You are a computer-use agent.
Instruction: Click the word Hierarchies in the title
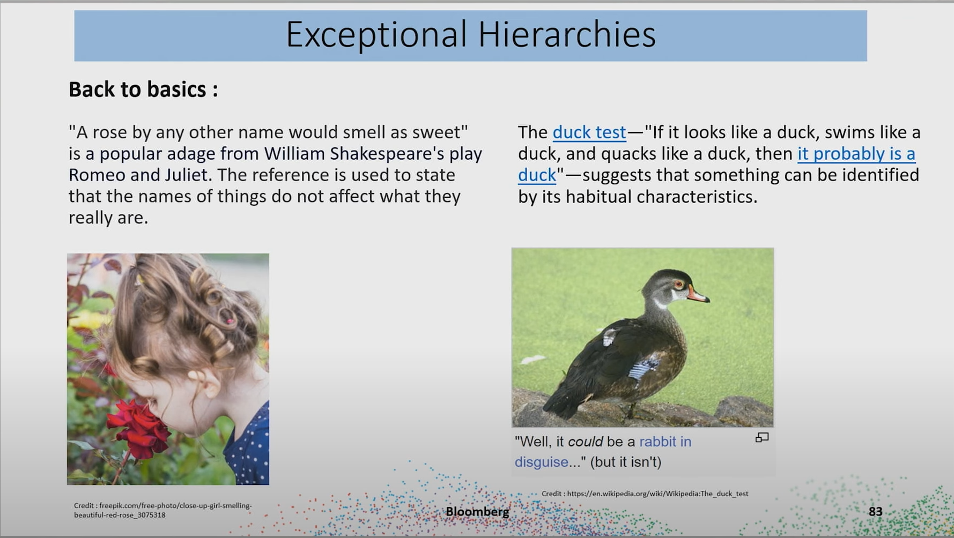tap(567, 34)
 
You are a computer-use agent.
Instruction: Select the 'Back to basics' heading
tap(143, 89)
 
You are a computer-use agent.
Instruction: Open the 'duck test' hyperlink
tap(589, 132)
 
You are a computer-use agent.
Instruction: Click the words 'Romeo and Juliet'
tap(138, 175)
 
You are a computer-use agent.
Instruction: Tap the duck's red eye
tap(679, 284)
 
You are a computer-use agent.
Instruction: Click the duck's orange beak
tap(698, 295)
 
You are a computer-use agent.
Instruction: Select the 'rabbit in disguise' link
tap(603, 452)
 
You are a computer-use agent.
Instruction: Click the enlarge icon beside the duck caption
tap(762, 438)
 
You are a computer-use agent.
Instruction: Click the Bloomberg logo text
tap(477, 512)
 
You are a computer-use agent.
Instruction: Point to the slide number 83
tap(875, 512)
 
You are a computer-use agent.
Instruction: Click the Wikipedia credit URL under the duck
tap(657, 494)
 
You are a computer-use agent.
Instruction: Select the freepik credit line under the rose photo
tap(163, 510)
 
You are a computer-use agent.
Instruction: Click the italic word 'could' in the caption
tap(585, 442)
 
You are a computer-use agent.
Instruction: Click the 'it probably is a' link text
tap(856, 154)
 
